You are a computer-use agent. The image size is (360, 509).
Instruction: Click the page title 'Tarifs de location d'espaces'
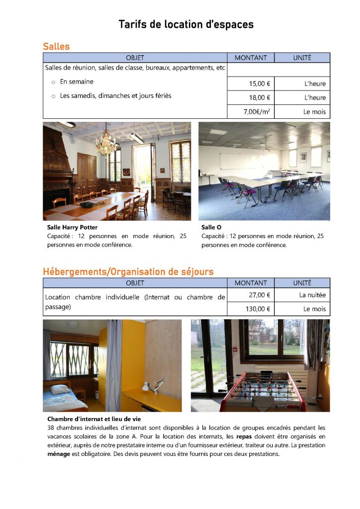[x=186, y=24]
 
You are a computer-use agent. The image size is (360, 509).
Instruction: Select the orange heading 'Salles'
[x=56, y=46]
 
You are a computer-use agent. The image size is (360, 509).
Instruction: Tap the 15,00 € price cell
[x=260, y=84]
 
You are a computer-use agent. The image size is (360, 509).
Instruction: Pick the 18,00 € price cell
[x=260, y=98]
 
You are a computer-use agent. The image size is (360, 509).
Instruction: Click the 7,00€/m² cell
[x=257, y=112]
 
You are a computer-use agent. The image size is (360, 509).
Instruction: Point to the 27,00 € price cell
[x=260, y=295]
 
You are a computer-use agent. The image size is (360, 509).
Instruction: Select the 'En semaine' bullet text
[x=77, y=82]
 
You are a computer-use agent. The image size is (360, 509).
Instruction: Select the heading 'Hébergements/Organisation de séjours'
[x=128, y=271]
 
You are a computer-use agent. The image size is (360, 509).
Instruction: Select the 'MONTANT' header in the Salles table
[x=251, y=58]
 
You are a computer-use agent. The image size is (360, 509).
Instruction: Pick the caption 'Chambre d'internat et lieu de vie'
[x=94, y=419]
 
